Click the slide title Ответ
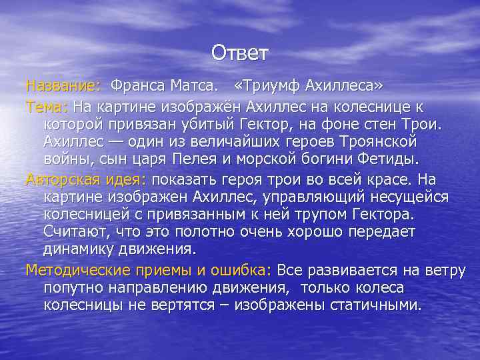coord(240,52)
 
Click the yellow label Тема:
coord(47,106)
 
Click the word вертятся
coord(207,305)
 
